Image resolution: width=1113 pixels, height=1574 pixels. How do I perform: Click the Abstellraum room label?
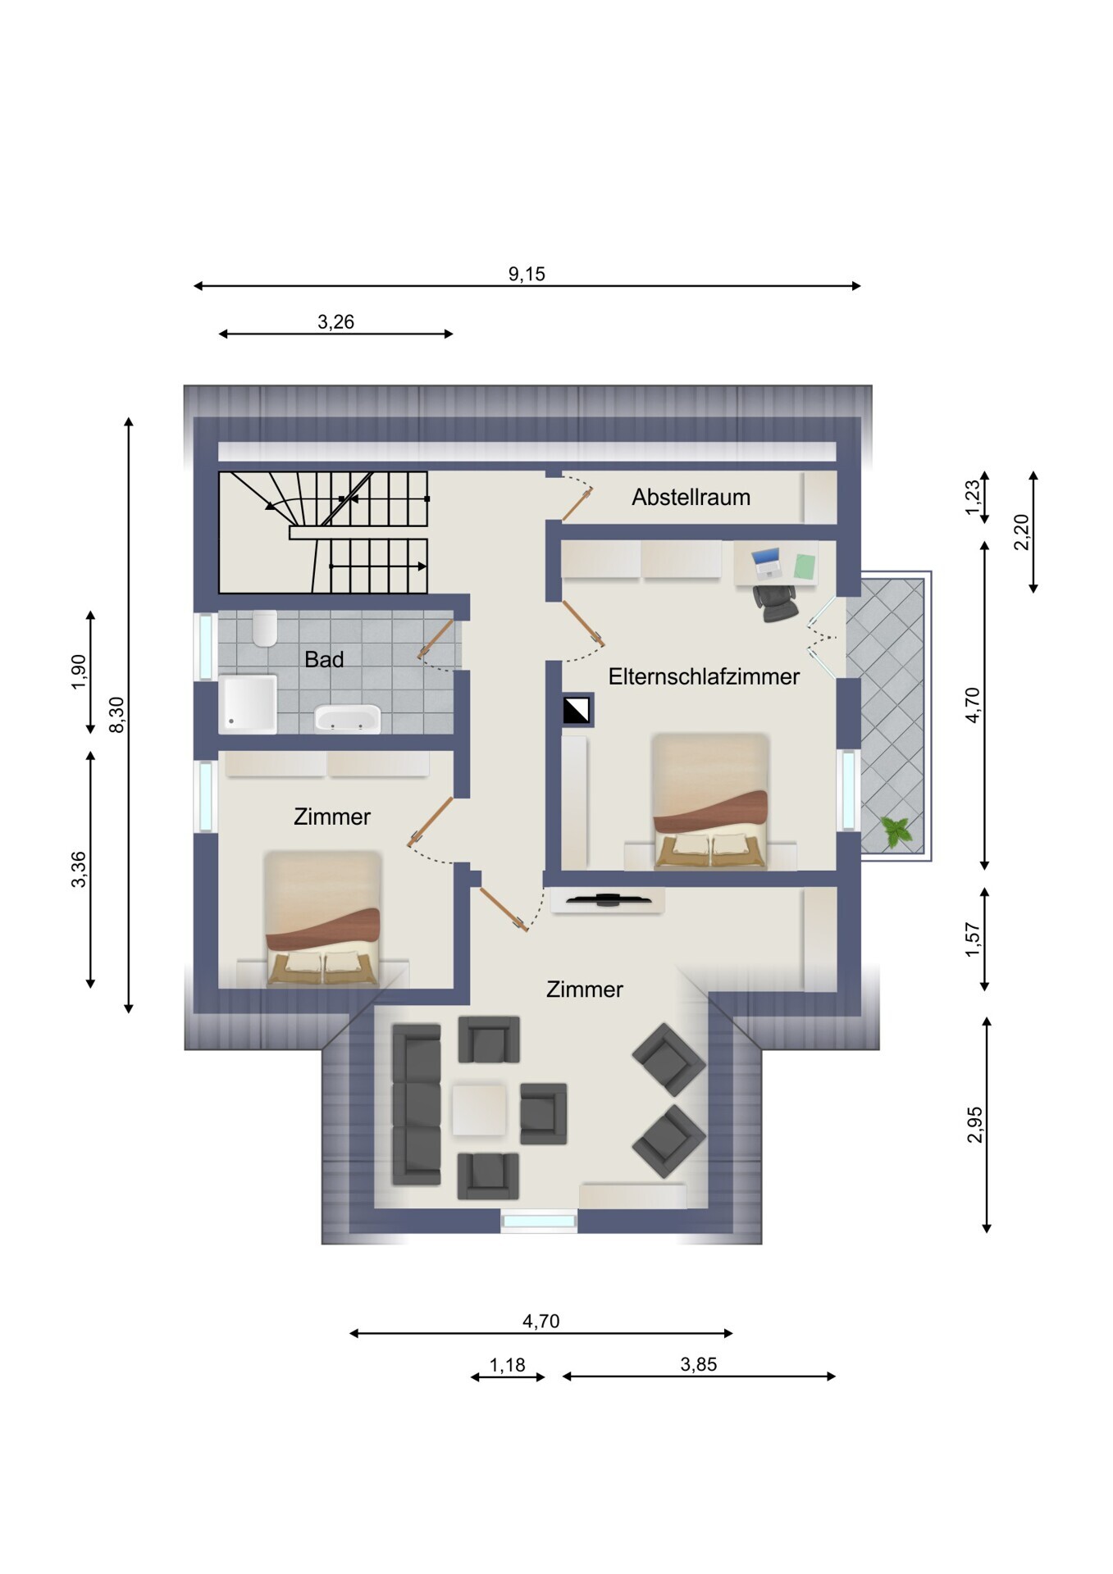(x=691, y=498)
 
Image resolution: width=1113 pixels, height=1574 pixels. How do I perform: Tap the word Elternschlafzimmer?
(x=704, y=676)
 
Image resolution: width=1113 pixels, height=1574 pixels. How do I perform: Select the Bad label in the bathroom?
(x=324, y=659)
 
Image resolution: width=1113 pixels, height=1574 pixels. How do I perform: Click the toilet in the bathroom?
(x=265, y=629)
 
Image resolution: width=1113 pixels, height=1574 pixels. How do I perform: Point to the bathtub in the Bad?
(x=348, y=717)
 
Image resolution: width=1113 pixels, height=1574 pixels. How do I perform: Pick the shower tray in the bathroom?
(x=248, y=703)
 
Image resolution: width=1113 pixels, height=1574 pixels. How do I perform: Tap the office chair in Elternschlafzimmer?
(x=776, y=601)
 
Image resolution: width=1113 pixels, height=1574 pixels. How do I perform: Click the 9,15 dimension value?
(x=527, y=274)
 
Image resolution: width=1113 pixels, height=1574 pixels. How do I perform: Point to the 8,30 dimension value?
(x=117, y=714)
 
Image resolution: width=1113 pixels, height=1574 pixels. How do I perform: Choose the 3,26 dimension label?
(x=335, y=322)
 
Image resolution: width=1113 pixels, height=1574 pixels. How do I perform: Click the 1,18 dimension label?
(x=507, y=1365)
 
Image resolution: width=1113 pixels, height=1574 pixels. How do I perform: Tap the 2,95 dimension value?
(x=974, y=1125)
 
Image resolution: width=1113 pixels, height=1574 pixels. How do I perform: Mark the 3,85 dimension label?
(x=699, y=1364)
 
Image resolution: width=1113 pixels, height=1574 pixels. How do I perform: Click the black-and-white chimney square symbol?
(x=577, y=711)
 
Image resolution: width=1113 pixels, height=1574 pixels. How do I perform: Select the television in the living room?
(x=608, y=900)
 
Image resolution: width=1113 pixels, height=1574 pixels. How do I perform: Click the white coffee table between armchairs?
(x=479, y=1110)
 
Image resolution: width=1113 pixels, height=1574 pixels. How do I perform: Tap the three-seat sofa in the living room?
(x=417, y=1104)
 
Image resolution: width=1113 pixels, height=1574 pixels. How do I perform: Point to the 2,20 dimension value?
(x=1021, y=532)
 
